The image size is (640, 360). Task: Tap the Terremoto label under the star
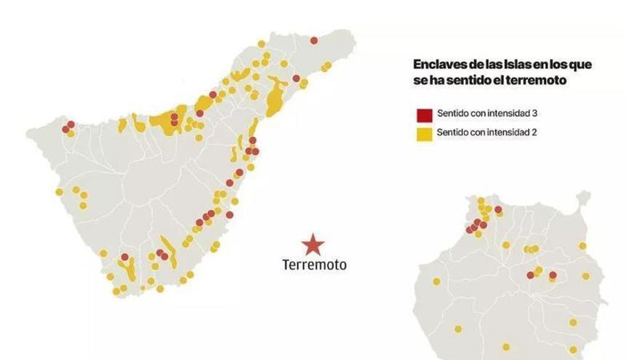314,265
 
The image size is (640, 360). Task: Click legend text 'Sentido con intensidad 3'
487,115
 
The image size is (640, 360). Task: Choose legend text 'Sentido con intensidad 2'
487,133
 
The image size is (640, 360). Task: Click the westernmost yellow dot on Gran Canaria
436,281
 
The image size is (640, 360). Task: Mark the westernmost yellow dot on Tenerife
60,192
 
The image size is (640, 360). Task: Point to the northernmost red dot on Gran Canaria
498,209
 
